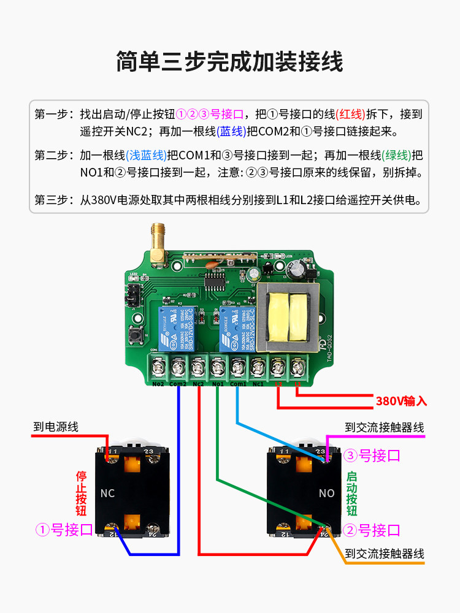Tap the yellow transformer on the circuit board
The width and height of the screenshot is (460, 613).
point(288,317)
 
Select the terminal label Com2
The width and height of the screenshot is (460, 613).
point(178,384)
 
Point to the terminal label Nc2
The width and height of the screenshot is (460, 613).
point(197,384)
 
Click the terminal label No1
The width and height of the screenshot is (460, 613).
point(218,384)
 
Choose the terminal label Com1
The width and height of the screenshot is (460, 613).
point(238,384)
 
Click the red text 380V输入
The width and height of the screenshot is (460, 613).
point(401,402)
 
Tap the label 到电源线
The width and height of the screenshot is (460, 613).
point(56,427)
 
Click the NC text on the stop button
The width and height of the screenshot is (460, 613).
point(107,493)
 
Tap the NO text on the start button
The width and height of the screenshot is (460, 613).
point(326,493)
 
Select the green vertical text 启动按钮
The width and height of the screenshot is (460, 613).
point(351,493)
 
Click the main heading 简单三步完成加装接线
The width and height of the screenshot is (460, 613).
point(229,62)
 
